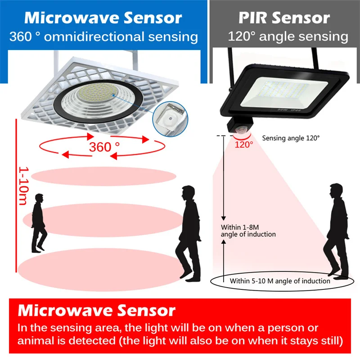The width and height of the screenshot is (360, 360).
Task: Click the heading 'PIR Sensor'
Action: click(284, 18)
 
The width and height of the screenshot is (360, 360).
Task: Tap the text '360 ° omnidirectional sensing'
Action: click(104, 36)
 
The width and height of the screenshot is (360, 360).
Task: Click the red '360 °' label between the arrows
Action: click(104, 147)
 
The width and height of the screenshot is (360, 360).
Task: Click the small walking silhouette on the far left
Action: click(39, 223)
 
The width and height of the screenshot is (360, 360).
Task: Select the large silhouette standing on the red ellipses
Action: click(189, 233)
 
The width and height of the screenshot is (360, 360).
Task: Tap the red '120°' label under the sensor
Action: click(243, 144)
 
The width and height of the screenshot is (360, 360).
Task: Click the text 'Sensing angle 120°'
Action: click(291, 138)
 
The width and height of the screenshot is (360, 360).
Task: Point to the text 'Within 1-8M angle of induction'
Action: click(248, 230)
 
